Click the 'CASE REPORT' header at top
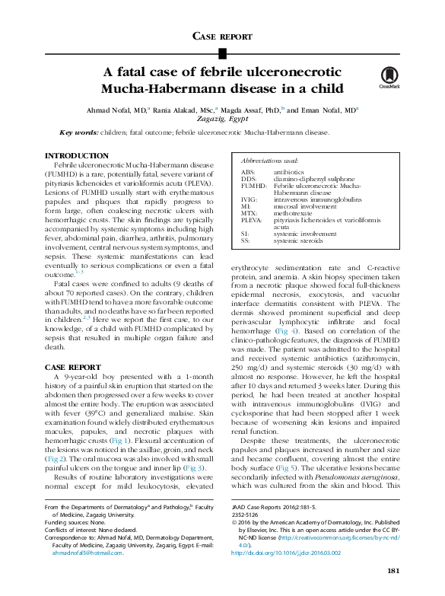tap(222, 36)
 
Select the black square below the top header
tap(222, 53)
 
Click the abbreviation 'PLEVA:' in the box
tap(251, 219)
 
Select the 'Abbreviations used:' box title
tap(269, 162)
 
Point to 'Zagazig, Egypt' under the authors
tap(222, 120)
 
